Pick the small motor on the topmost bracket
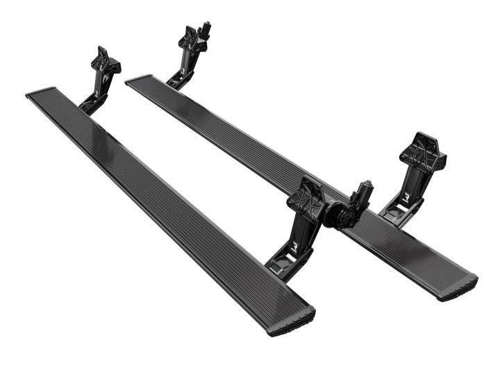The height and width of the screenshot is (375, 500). tap(205, 30)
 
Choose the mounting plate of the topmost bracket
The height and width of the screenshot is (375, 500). tap(189, 40)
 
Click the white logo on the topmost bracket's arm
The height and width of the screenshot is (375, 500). tap(182, 69)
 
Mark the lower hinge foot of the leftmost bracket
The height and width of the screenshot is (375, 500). tap(90, 106)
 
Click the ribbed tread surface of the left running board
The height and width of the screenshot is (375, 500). tap(167, 201)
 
